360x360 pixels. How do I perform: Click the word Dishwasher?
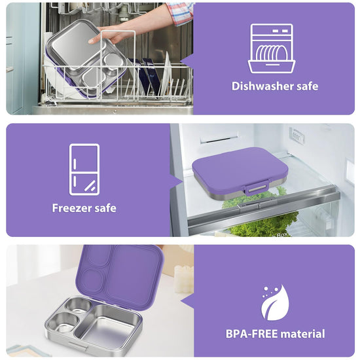pyautogui.click(x=262, y=86)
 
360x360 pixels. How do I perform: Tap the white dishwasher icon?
pyautogui.click(x=272, y=48)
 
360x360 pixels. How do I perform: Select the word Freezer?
pyautogui.click(x=72, y=208)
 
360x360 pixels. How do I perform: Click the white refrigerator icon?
pyautogui.click(x=84, y=170)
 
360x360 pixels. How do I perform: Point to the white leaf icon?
pyautogui.click(x=275, y=302)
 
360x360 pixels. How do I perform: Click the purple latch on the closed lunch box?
pyautogui.click(x=256, y=187)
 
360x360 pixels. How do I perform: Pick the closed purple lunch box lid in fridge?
pyautogui.click(x=240, y=167)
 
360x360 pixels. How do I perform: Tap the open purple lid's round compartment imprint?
pyautogui.click(x=93, y=281)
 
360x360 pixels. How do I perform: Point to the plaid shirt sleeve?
pyautogui.click(x=181, y=13)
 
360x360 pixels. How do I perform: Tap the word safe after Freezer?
pyautogui.click(x=105, y=208)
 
